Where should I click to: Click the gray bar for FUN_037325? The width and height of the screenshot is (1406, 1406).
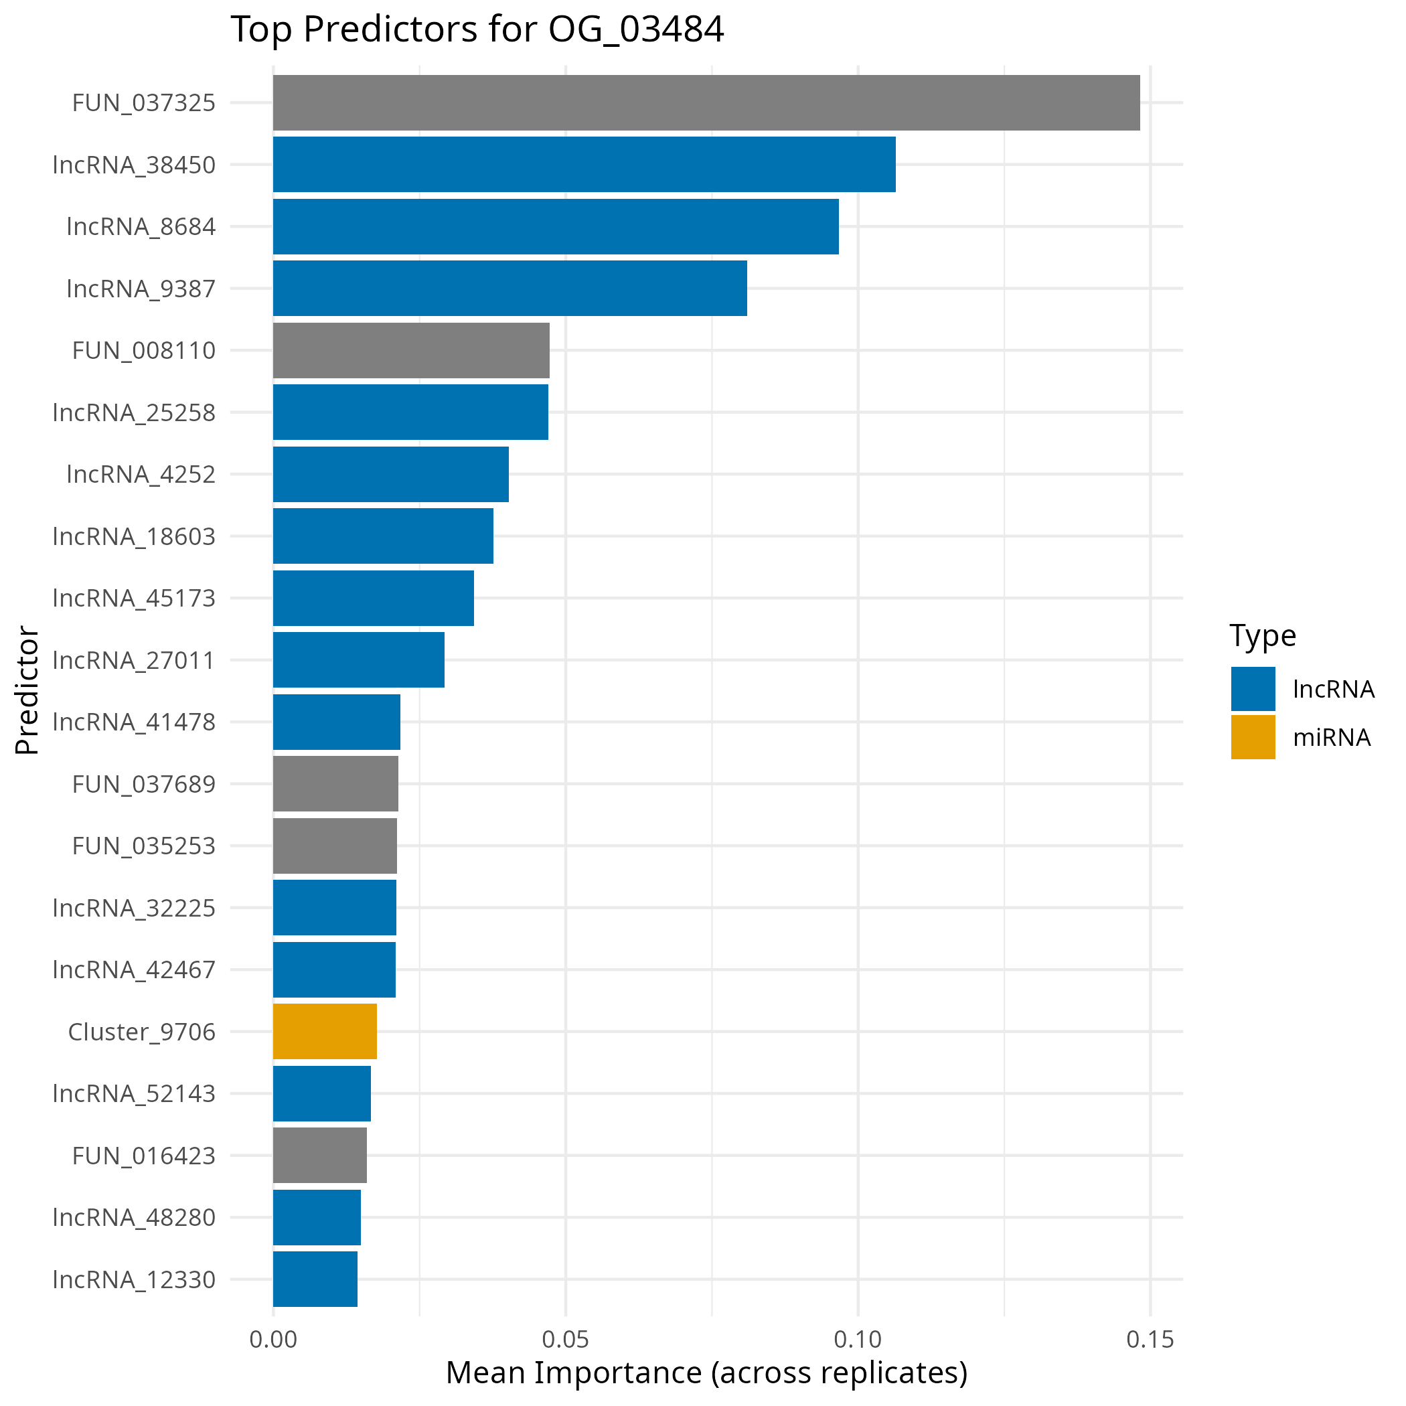[x=706, y=102]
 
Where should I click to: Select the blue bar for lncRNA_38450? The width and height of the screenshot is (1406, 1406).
[x=584, y=165]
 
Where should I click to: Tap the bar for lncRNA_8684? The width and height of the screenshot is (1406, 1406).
[x=555, y=226]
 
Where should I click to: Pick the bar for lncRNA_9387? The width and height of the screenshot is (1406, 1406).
[x=510, y=288]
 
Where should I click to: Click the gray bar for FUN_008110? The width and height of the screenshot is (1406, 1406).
[x=410, y=350]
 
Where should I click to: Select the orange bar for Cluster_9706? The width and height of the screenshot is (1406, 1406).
[x=325, y=1031]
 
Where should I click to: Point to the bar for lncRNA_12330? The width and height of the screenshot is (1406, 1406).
[x=315, y=1279]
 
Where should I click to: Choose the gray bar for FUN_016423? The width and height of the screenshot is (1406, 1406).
[x=319, y=1155]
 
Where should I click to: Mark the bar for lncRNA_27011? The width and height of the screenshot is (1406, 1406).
[x=358, y=659]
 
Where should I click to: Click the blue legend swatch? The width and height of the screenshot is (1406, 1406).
[x=1253, y=688]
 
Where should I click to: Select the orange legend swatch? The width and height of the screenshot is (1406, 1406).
[x=1253, y=736]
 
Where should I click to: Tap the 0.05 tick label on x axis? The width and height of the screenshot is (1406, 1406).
[x=566, y=1340]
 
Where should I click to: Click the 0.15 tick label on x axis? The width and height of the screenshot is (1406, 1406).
[x=1150, y=1340]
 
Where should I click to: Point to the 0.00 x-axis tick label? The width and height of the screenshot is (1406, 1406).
[x=273, y=1340]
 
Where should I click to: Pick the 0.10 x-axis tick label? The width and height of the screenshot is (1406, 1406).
[x=857, y=1340]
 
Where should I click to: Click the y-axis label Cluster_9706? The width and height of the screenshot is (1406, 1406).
[x=142, y=1032]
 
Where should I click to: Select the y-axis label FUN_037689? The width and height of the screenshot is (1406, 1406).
[x=143, y=785]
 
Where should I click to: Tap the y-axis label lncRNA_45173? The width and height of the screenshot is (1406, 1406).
[x=134, y=598]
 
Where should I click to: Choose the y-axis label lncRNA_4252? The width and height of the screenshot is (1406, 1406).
[x=141, y=475]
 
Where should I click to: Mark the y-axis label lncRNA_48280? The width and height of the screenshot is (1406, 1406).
[x=134, y=1217]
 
